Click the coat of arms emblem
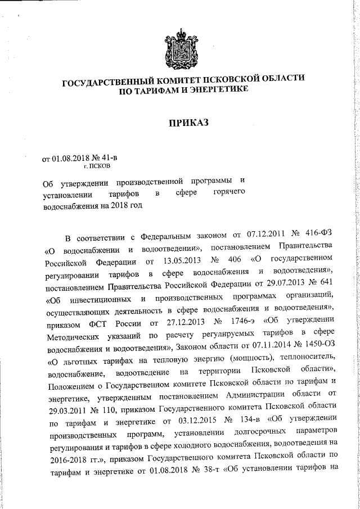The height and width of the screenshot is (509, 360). pyautogui.click(x=181, y=49)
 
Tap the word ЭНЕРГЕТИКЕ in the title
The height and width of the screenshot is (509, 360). pyautogui.click(x=217, y=91)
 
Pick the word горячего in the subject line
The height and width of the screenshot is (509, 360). pyautogui.click(x=230, y=194)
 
